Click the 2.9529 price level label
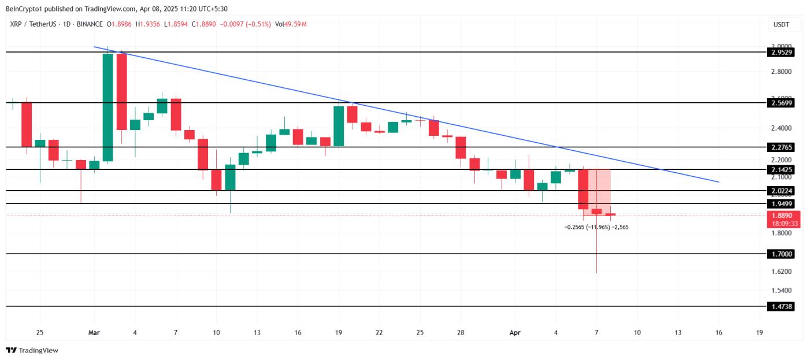pyautogui.click(x=781, y=52)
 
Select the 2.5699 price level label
pyautogui.click(x=781, y=103)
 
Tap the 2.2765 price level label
pyautogui.click(x=781, y=147)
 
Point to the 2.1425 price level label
pyautogui.click(x=781, y=169)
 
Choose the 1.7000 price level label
pyautogui.click(x=781, y=254)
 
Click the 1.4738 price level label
pyautogui.click(x=781, y=306)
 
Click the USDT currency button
pyautogui.click(x=781, y=24)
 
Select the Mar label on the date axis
pyautogui.click(x=94, y=333)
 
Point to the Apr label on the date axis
pyautogui.click(x=515, y=333)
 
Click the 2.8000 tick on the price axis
pyautogui.click(x=781, y=72)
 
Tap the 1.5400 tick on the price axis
pyautogui.click(x=781, y=291)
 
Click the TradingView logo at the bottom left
pyautogui.click(x=32, y=350)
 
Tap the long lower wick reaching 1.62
pyautogui.click(x=596, y=248)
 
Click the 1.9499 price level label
pyautogui.click(x=781, y=204)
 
